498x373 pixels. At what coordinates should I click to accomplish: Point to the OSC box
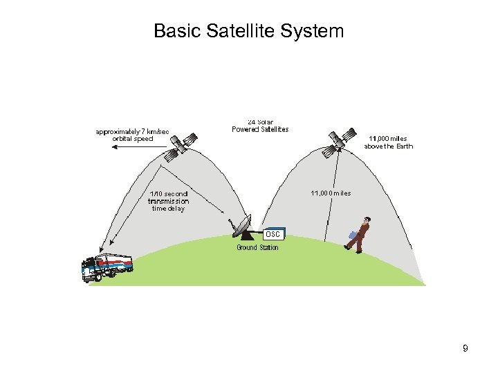point(274,235)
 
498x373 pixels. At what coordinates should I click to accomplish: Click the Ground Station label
point(257,247)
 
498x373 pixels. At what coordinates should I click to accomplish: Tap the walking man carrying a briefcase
point(360,235)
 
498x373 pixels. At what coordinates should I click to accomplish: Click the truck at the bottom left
point(105,266)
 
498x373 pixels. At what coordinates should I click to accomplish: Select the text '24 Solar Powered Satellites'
point(260,126)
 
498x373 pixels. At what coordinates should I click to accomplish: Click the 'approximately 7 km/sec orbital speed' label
point(132,135)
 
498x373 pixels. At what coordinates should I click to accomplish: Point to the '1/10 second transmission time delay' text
point(168,201)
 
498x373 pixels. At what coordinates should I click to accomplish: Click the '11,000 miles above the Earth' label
point(388,142)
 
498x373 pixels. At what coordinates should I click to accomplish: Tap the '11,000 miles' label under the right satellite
point(331,193)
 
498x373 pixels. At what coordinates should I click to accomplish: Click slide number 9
point(465,349)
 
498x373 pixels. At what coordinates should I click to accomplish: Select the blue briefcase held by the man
point(353,235)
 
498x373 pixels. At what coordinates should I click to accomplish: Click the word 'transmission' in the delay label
point(168,201)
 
